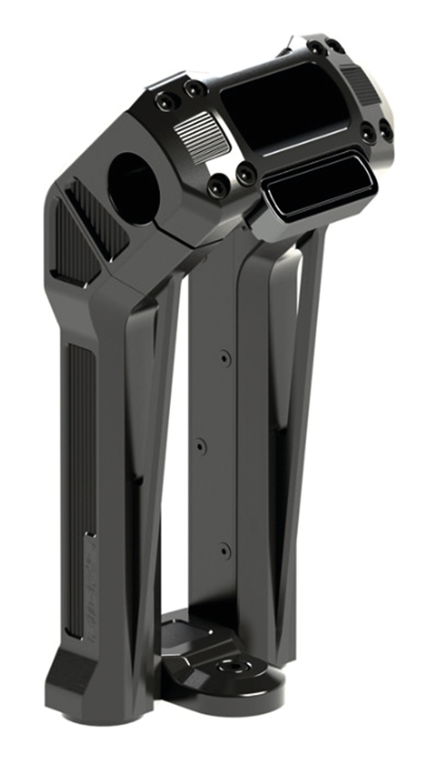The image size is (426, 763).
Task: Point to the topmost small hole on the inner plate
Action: point(225,358)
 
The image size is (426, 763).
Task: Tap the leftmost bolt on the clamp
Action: point(164,100)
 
